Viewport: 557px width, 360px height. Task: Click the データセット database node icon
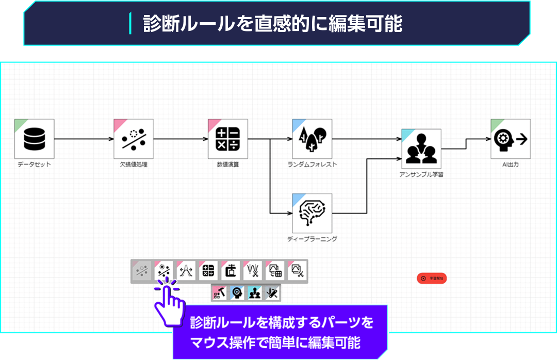click(x=34, y=139)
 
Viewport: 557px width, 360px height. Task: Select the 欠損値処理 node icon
click(x=134, y=139)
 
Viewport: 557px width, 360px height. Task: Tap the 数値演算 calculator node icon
click(x=228, y=139)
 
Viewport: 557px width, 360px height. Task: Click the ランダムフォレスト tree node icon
click(x=312, y=139)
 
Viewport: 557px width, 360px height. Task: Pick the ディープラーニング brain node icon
click(x=312, y=213)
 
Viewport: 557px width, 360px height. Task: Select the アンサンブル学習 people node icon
click(x=421, y=149)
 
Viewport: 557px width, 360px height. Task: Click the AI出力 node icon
click(x=511, y=139)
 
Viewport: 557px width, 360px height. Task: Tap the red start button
click(x=432, y=279)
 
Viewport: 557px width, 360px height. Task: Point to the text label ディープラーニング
click(x=312, y=239)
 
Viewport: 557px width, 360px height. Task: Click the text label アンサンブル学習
click(x=421, y=174)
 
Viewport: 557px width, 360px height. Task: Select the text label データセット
click(x=34, y=165)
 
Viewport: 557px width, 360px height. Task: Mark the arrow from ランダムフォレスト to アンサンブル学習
click(x=366, y=139)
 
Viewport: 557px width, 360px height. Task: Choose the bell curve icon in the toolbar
click(x=186, y=270)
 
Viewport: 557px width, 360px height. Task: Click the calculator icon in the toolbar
click(x=208, y=270)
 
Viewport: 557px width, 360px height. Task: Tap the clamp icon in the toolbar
click(x=231, y=270)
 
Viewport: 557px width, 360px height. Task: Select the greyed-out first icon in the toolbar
click(x=141, y=270)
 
